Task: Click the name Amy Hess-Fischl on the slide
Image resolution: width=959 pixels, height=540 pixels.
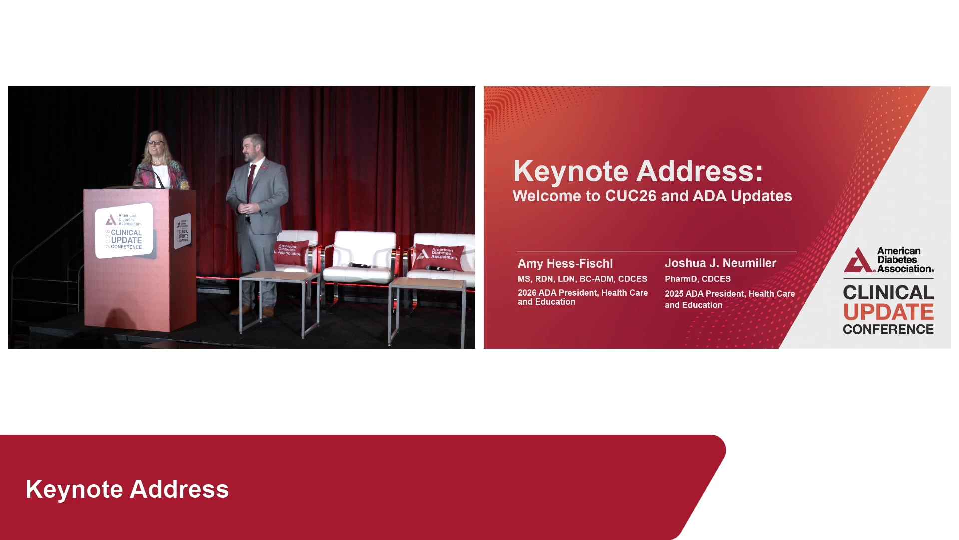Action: click(x=565, y=263)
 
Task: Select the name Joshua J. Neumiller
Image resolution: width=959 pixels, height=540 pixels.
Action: click(x=720, y=263)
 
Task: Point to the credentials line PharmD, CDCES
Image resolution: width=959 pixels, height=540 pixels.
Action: click(x=698, y=279)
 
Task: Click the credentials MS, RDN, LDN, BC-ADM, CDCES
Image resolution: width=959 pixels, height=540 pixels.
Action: click(x=582, y=279)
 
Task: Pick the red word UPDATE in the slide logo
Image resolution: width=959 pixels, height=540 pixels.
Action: click(x=888, y=312)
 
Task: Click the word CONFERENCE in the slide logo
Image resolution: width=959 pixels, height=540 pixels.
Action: click(x=888, y=329)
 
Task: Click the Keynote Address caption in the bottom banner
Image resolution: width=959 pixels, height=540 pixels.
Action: click(x=127, y=489)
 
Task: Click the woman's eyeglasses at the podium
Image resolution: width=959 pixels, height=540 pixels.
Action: click(x=155, y=143)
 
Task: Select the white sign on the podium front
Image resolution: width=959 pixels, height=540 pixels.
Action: click(x=124, y=231)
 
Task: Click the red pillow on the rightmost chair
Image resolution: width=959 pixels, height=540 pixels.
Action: click(x=439, y=256)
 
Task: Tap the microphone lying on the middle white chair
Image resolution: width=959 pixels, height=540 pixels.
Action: click(x=360, y=265)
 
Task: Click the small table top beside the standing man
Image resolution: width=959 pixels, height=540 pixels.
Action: click(x=280, y=276)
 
